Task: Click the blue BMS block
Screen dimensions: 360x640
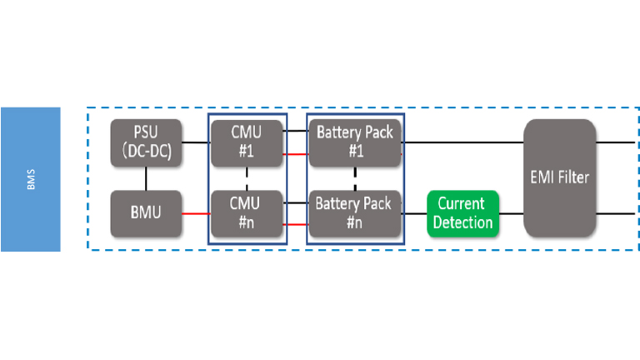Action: [x=30, y=178]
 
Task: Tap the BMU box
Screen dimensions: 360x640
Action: [x=147, y=212]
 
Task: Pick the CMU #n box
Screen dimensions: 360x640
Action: [x=247, y=212]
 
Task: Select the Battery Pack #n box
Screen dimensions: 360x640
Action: [x=355, y=212]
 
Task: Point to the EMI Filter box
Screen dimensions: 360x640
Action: [x=559, y=177]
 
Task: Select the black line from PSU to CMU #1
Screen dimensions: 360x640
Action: [x=197, y=142]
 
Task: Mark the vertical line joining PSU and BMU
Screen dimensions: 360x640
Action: [x=147, y=177]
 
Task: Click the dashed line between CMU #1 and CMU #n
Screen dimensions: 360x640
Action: [x=247, y=177]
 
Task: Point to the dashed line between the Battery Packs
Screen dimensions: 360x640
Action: [x=355, y=177]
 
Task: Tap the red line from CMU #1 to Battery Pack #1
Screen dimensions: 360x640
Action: [x=297, y=153]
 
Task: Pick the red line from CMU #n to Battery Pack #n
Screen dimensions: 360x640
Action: [x=297, y=224]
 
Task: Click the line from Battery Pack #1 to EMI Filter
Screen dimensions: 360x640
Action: [x=462, y=142]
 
